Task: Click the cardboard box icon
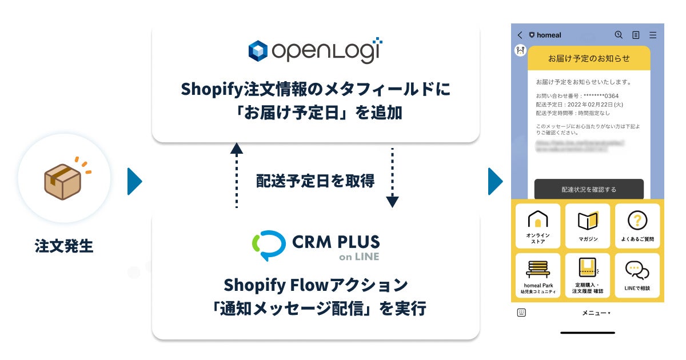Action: (x=63, y=182)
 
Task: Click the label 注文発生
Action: (x=64, y=246)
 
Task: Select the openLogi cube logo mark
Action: (x=258, y=51)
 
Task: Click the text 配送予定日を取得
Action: (x=315, y=181)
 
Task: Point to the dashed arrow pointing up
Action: (x=236, y=175)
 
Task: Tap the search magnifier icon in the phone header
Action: (x=619, y=35)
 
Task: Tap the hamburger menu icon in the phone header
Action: (x=653, y=35)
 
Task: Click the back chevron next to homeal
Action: (x=520, y=35)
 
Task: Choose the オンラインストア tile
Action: (x=538, y=226)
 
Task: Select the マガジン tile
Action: (x=588, y=226)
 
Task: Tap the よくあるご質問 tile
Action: (x=637, y=226)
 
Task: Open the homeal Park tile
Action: (x=538, y=275)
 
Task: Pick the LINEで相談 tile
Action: (x=637, y=275)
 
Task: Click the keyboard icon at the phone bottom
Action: (x=521, y=313)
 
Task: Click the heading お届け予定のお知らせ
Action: (x=589, y=58)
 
